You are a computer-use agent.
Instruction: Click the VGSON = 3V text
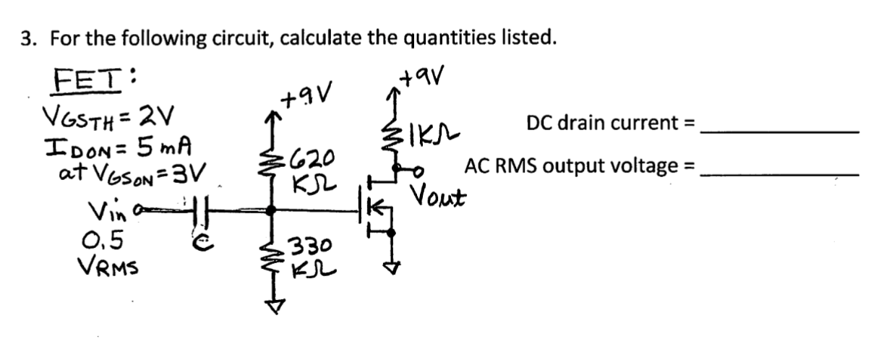(x=134, y=173)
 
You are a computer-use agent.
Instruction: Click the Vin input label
(x=103, y=210)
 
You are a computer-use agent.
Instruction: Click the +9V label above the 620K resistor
(x=306, y=96)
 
